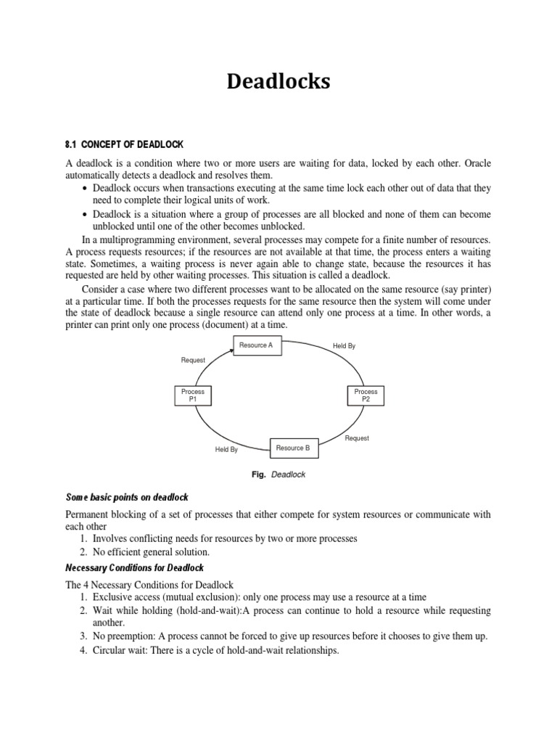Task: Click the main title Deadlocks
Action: [x=278, y=81]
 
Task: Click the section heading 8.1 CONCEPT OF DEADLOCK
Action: [x=125, y=144]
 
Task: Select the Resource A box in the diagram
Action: [x=256, y=345]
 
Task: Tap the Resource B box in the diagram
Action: [x=293, y=448]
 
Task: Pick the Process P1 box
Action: [x=193, y=395]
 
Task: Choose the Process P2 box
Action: [x=366, y=395]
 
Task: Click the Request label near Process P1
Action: [x=193, y=360]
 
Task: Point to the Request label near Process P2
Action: [x=357, y=438]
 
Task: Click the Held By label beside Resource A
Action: [x=344, y=346]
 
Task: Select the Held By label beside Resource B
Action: [x=226, y=450]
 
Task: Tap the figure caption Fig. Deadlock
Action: [x=278, y=475]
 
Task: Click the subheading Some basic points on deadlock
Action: [x=127, y=497]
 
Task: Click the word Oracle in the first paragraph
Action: [x=476, y=164]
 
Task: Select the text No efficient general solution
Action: [x=151, y=552]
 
